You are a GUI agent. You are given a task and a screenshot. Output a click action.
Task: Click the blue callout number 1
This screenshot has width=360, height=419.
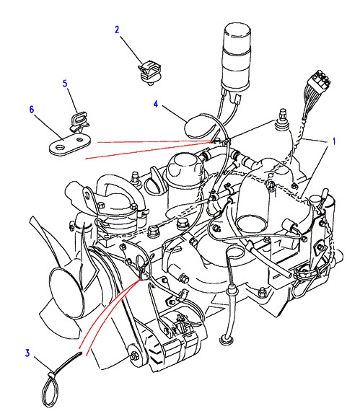point(333,141)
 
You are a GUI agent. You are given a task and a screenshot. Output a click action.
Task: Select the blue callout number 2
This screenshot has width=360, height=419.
point(117,30)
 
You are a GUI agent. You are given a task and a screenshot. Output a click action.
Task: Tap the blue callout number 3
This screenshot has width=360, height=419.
point(27,353)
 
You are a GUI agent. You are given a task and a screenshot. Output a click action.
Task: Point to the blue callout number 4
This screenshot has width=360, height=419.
point(156,104)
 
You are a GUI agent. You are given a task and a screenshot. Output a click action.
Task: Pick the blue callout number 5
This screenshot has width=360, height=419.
point(65,84)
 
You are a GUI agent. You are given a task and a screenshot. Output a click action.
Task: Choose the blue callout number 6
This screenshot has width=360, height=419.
point(32,110)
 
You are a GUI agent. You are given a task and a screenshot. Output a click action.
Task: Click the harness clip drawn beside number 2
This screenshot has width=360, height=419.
point(150,73)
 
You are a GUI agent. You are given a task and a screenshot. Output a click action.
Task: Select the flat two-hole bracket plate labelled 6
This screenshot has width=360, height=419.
point(70,144)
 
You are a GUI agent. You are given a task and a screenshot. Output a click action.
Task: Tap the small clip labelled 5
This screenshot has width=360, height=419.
point(79,121)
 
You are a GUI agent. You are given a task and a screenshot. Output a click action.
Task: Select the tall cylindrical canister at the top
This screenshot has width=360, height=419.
point(236,56)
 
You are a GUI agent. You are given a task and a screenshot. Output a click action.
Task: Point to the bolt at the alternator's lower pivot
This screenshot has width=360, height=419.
point(134,357)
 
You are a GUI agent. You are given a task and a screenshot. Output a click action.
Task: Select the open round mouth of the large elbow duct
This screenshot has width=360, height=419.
point(252,224)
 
